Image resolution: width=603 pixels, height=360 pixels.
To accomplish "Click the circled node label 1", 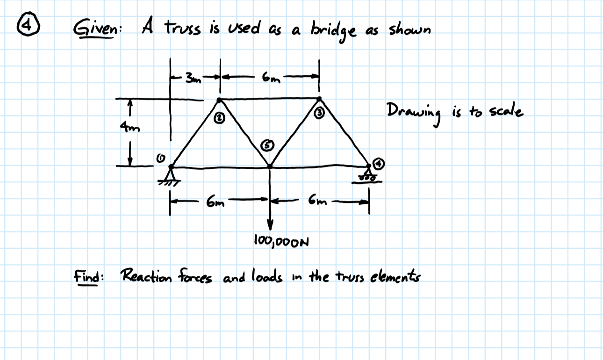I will (x=159, y=159).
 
